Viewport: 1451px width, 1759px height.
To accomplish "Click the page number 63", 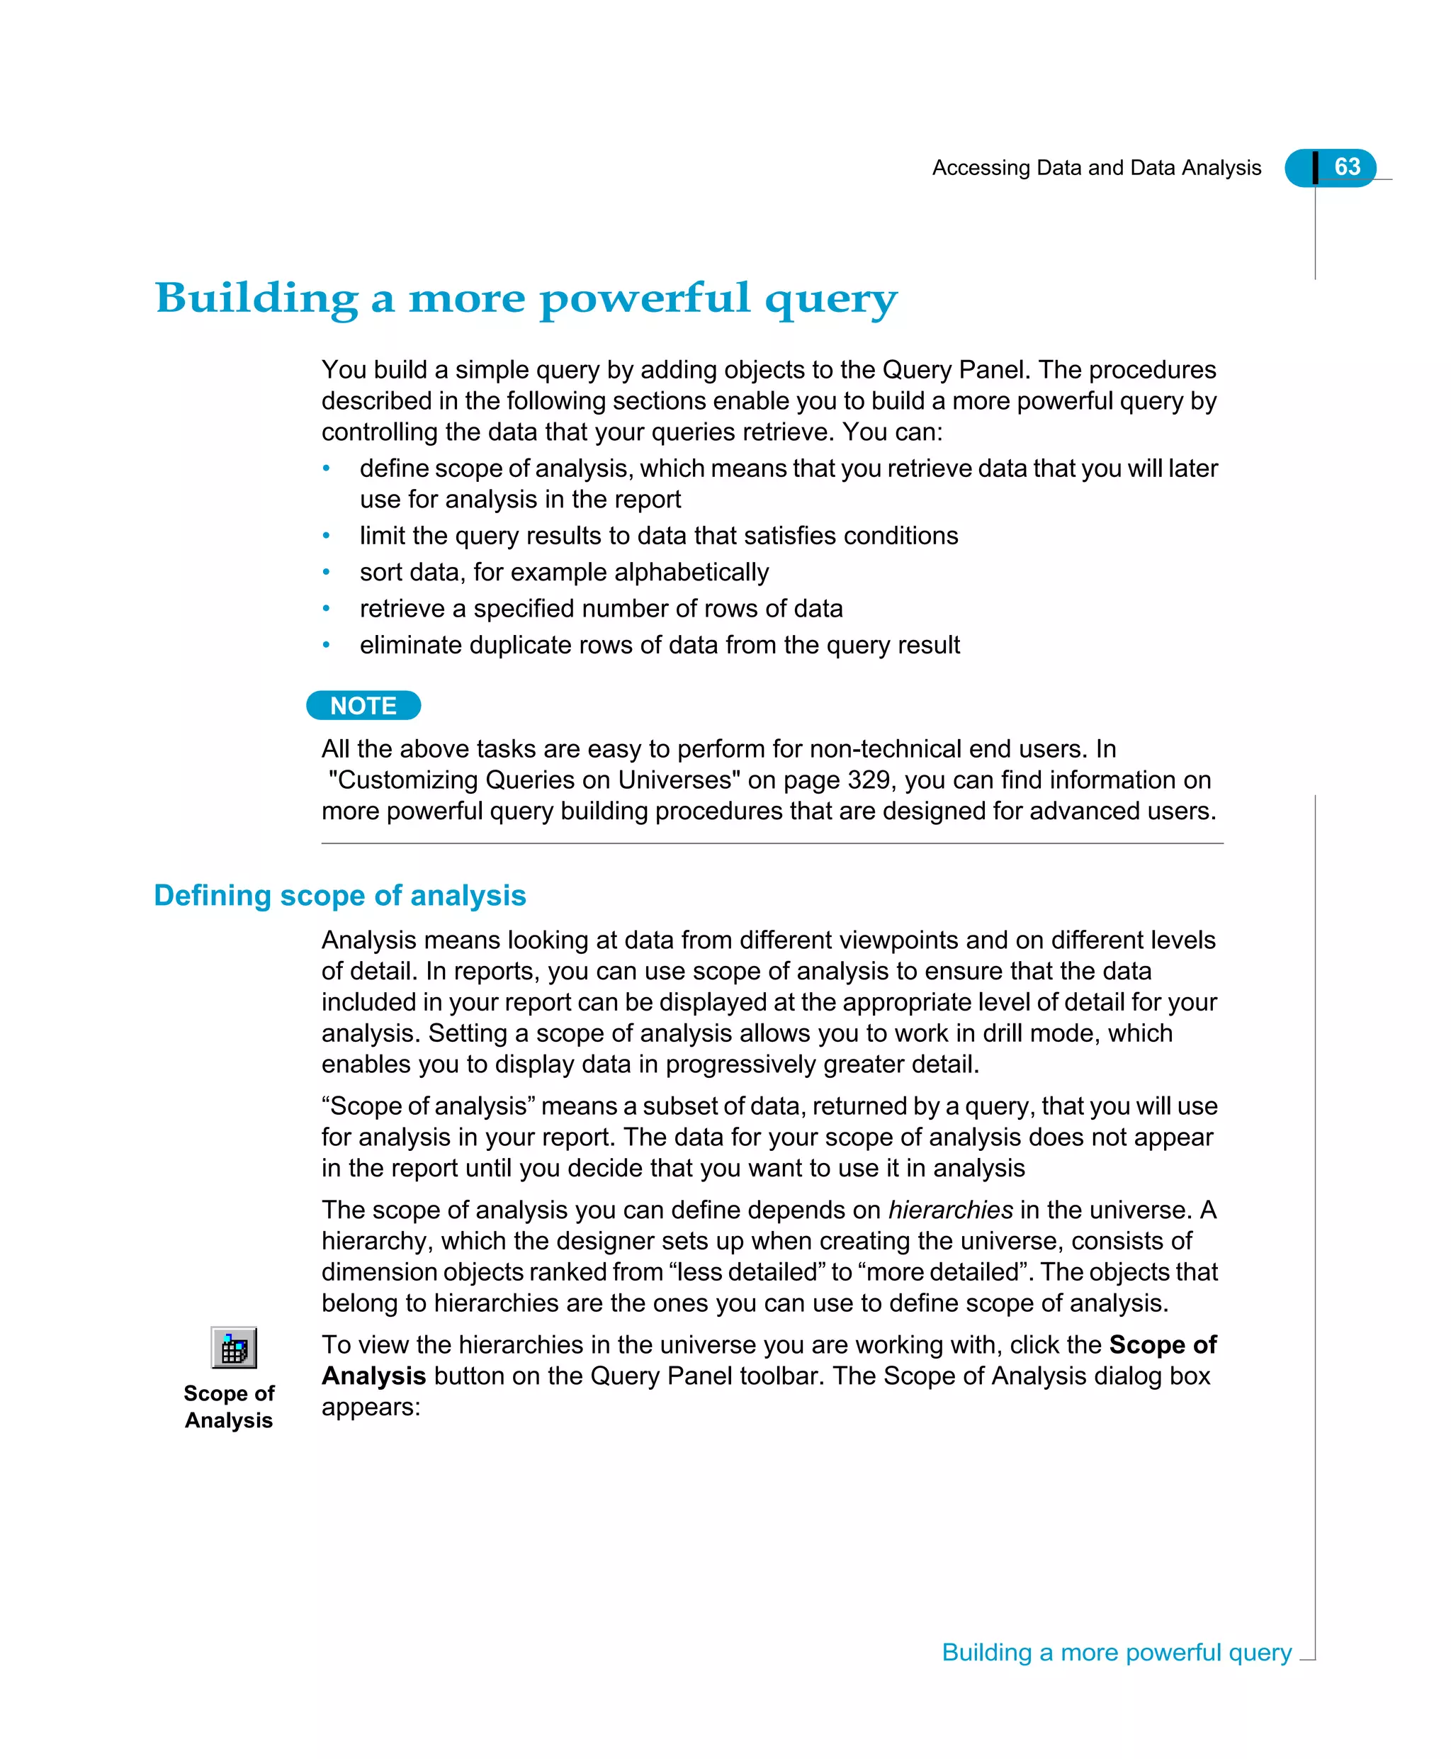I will pyautogui.click(x=1347, y=167).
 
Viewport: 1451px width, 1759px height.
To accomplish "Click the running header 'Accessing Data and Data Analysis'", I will pyautogui.click(x=1096, y=168).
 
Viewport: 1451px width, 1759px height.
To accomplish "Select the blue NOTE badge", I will pyautogui.click(x=363, y=706).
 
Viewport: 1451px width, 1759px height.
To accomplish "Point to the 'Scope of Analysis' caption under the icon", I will pyautogui.click(x=229, y=1406).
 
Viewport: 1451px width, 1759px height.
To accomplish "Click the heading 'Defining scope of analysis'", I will pyautogui.click(x=339, y=895).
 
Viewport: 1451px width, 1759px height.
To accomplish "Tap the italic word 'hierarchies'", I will pyautogui.click(x=950, y=1210).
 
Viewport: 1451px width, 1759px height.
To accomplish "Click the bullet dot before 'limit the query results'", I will pyautogui.click(x=327, y=536).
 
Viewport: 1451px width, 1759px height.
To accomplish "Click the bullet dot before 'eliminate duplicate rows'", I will pyautogui.click(x=327, y=646).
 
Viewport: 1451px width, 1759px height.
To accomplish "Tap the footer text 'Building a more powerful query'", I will pyautogui.click(x=1117, y=1653).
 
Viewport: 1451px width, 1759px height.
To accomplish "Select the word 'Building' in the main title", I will pyautogui.click(x=256, y=298).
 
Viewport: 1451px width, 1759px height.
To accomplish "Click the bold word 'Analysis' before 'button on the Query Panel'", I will pyautogui.click(x=373, y=1376).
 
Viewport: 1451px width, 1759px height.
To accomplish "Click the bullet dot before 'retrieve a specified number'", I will pyautogui.click(x=327, y=609).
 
